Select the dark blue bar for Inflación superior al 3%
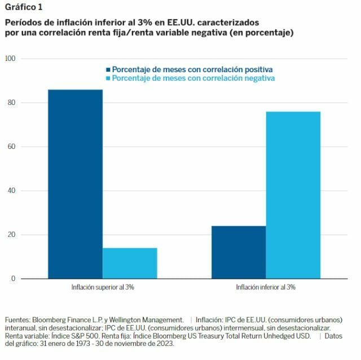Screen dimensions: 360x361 (75, 183)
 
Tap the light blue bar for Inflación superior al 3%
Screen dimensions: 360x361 (130, 263)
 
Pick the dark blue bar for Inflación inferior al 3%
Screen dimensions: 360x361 (238, 252)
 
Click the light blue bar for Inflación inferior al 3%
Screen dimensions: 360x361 (293, 195)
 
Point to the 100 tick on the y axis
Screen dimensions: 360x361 (10, 59)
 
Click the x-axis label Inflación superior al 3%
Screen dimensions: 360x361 (102, 287)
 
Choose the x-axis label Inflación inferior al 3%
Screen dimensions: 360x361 (266, 287)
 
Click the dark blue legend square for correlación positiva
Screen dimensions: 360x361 (108, 69)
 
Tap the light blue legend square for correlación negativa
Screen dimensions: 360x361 (108, 78)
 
